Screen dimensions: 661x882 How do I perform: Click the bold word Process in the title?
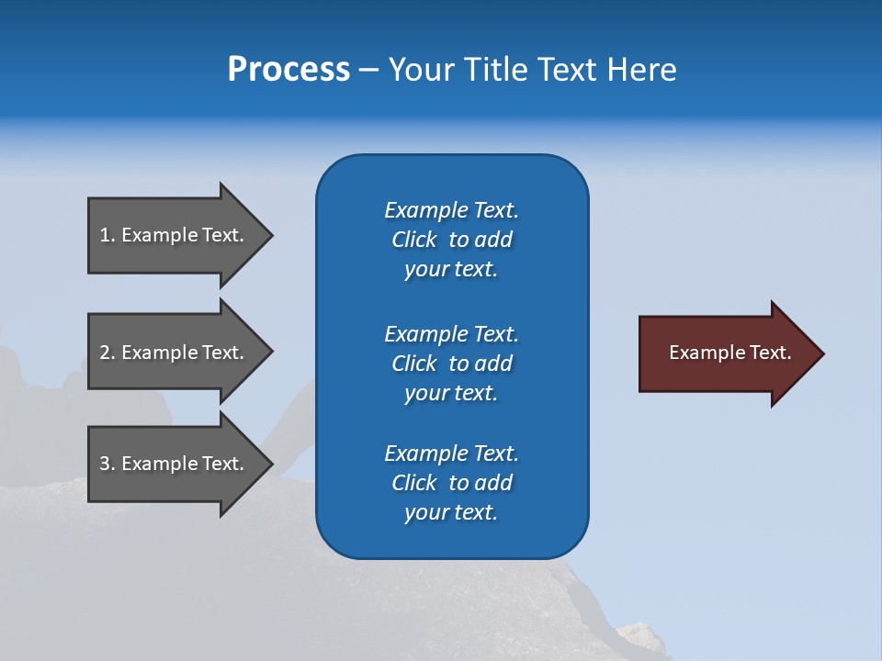click(288, 70)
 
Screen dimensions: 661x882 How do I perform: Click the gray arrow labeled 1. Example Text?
click(175, 235)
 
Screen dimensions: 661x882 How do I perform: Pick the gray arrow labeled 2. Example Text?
click(175, 353)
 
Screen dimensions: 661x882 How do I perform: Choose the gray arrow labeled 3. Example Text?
click(175, 464)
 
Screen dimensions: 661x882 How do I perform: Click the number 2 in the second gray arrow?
click(105, 353)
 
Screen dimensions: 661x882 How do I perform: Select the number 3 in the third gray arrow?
click(105, 464)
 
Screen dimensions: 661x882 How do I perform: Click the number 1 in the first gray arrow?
click(105, 235)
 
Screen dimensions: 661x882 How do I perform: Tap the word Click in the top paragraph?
click(414, 240)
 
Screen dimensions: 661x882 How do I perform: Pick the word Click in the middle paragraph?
click(414, 364)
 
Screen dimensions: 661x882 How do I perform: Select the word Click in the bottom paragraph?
click(414, 483)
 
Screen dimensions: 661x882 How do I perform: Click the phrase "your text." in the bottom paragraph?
click(451, 512)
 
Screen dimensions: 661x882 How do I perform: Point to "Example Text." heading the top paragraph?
click(451, 210)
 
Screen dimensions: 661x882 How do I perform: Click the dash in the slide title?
click(369, 70)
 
